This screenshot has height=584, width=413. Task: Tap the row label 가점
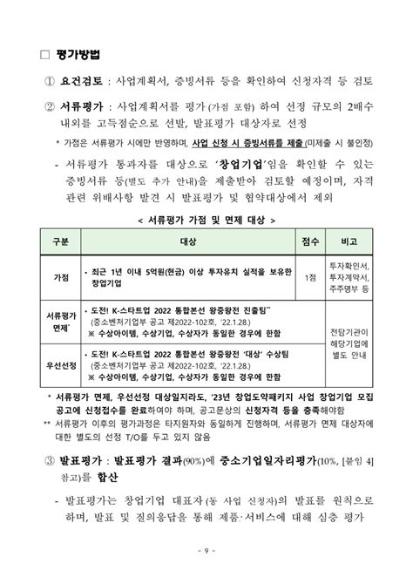tap(61, 276)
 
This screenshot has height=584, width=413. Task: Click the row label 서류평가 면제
tap(61, 323)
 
